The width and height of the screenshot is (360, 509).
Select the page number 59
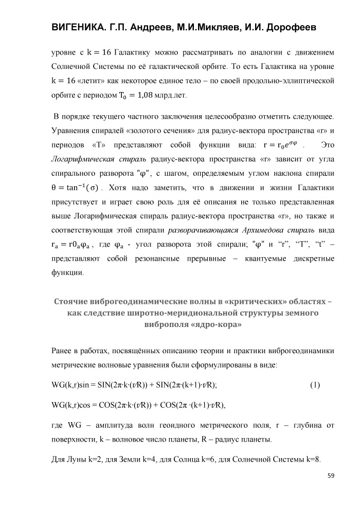[x=331, y=476]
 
